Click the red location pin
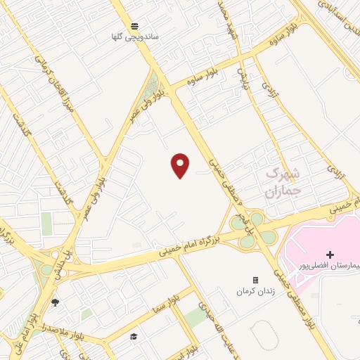[181, 165]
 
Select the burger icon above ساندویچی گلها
[134, 25]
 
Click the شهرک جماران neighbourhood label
[283, 180]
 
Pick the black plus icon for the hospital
[330, 254]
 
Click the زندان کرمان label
[253, 290]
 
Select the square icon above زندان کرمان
[255, 280]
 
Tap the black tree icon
[55, 302]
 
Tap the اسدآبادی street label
[337, 13]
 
